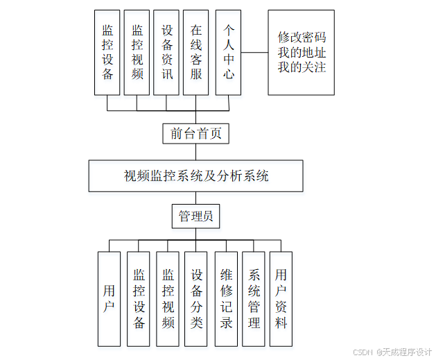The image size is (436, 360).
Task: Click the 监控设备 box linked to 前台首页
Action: (x=107, y=52)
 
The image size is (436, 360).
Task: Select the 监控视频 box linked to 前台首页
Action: (x=137, y=52)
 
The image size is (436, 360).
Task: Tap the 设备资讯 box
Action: (x=166, y=52)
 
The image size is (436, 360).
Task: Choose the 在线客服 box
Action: (x=196, y=52)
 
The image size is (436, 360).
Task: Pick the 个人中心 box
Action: (x=228, y=52)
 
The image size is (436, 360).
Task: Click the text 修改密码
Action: (x=302, y=37)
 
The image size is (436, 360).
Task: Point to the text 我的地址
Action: (x=302, y=52)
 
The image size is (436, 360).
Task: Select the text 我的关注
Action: (x=302, y=67)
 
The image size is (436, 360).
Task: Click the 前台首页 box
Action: (x=195, y=133)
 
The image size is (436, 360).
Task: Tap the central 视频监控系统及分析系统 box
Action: (x=195, y=175)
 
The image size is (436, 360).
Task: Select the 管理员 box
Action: (x=195, y=217)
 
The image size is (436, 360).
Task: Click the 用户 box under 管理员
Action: (x=109, y=299)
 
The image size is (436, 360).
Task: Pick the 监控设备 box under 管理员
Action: (x=138, y=299)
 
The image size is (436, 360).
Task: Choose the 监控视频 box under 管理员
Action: (x=167, y=299)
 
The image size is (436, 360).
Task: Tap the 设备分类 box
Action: (x=196, y=299)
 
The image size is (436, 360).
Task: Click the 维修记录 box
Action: (x=225, y=299)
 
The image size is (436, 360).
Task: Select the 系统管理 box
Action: (x=254, y=299)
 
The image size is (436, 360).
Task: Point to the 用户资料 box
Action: (x=280, y=299)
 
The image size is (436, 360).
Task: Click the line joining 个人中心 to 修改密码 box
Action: (x=254, y=52)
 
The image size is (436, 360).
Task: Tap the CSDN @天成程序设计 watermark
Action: (x=392, y=352)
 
